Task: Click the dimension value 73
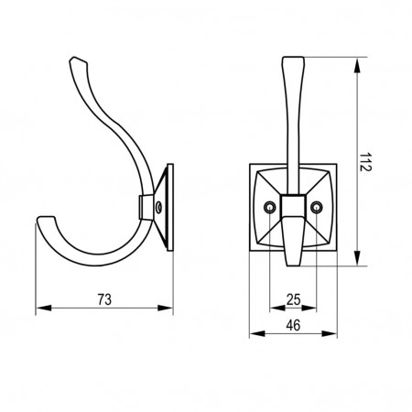(x=104, y=299)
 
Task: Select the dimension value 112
(x=364, y=162)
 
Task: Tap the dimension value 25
(x=293, y=299)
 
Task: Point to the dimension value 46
(x=293, y=325)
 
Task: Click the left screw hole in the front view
(x=269, y=208)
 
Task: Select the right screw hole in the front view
(x=317, y=208)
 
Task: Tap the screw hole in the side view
(x=158, y=208)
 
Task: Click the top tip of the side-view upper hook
(x=73, y=58)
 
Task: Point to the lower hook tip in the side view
(x=46, y=218)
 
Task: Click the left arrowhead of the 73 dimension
(x=43, y=308)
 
